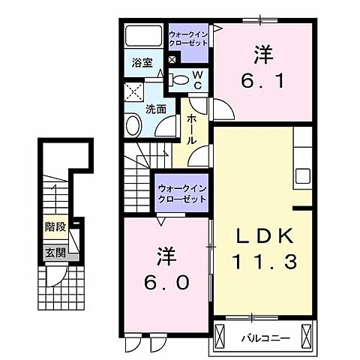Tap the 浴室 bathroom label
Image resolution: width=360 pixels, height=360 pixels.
tap(142, 63)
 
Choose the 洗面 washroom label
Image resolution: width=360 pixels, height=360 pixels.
tap(155, 109)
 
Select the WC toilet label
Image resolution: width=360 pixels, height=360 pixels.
tap(196, 79)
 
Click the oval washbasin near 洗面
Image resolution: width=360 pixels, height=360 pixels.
tap(133, 125)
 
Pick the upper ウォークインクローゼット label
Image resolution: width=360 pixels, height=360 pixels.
tap(190, 38)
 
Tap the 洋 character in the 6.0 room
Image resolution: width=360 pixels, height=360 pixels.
tap(166, 256)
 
